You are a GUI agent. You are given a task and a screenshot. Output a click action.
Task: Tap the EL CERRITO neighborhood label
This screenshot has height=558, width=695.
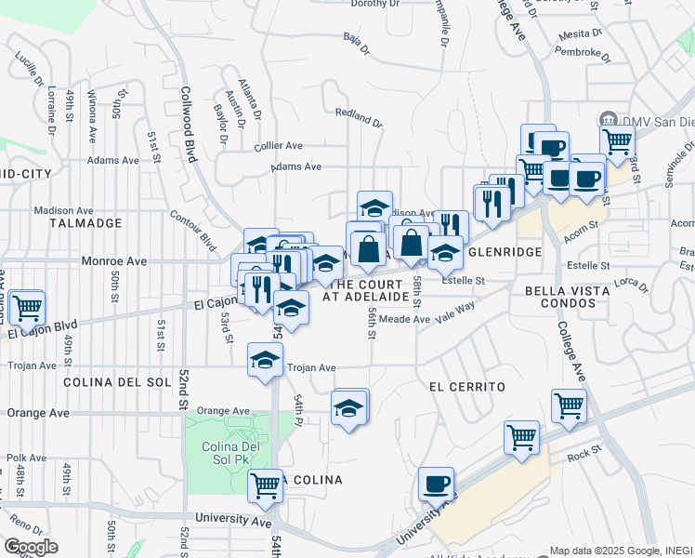(x=466, y=386)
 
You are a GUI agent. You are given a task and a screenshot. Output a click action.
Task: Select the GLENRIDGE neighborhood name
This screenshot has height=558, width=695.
(x=504, y=252)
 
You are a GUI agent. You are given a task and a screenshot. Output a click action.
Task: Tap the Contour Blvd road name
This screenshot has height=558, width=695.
(x=193, y=230)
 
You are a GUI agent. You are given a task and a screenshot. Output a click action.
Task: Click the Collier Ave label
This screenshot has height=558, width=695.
(x=279, y=146)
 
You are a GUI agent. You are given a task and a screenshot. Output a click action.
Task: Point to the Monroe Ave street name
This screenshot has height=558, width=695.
(x=108, y=262)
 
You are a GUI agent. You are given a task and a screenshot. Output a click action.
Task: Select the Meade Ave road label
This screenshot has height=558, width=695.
(x=404, y=319)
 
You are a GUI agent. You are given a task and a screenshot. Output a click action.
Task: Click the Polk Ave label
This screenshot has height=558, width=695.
(x=26, y=458)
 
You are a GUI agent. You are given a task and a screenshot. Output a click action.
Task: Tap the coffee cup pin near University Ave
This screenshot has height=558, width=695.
(x=436, y=484)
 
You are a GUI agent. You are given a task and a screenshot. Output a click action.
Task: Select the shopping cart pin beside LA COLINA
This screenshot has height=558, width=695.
(x=266, y=485)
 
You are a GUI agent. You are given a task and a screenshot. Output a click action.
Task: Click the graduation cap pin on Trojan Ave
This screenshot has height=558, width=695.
(x=265, y=359)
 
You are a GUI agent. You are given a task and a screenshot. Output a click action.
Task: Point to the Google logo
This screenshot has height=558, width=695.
(x=31, y=547)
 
